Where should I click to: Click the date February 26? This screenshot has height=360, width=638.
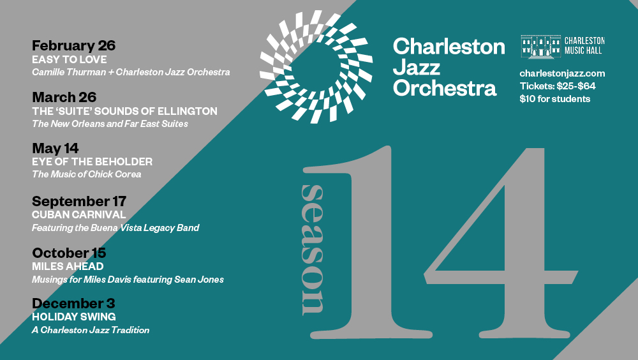[73, 45]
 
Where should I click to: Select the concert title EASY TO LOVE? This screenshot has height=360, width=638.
[69, 59]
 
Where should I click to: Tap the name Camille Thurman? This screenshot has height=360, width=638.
[69, 72]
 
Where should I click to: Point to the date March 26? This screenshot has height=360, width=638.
[64, 97]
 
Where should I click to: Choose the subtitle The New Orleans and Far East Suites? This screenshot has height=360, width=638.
[110, 124]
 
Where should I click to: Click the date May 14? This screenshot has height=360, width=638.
[56, 148]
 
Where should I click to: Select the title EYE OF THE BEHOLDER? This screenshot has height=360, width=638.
[93, 161]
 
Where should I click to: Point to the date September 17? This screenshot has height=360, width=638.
[79, 201]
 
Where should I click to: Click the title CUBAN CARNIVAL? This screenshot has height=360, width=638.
[79, 214]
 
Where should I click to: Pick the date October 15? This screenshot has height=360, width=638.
[69, 253]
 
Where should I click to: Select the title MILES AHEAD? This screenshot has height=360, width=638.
[68, 266]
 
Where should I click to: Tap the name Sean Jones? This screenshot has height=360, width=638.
[199, 280]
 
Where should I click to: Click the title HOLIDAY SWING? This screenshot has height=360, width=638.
[74, 317]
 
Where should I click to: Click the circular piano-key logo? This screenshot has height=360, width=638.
[316, 67]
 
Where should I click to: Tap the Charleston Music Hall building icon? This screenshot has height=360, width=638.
[541, 47]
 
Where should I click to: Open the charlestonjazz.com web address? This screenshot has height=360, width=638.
[562, 73]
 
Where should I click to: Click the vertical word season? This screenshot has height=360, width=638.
[313, 250]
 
